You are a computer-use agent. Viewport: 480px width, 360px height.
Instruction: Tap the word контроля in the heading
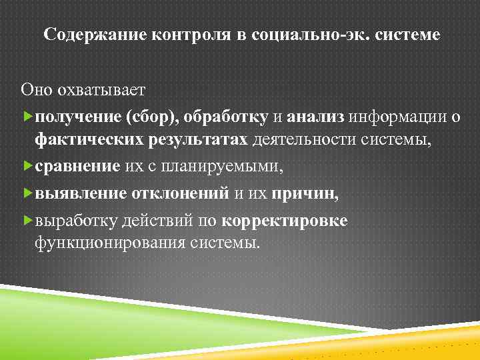pyautogui.click(x=183, y=35)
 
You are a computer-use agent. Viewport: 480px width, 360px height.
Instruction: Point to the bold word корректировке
pyautogui.click(x=284, y=221)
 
